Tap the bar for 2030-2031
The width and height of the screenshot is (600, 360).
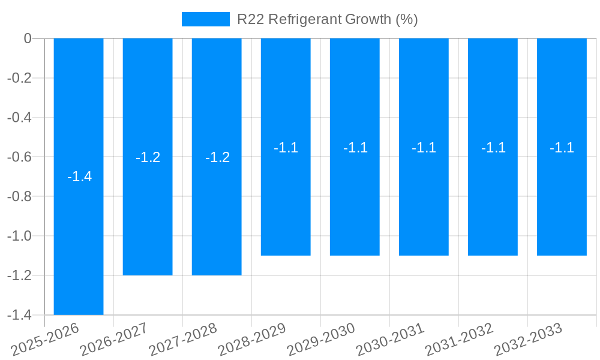click(424, 204)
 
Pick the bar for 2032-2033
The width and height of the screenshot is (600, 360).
click(562, 204)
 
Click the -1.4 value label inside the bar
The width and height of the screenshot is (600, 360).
click(79, 177)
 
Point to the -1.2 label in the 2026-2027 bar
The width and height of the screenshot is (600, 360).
click(148, 157)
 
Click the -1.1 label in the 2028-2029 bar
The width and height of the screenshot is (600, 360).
click(286, 148)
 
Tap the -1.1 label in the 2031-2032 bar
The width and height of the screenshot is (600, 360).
click(493, 148)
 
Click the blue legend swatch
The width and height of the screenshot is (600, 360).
click(205, 19)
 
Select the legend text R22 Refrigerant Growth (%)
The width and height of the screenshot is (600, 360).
click(327, 19)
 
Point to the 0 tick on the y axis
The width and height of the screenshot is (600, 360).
click(28, 38)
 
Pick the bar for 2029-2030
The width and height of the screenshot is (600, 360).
click(355, 204)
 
